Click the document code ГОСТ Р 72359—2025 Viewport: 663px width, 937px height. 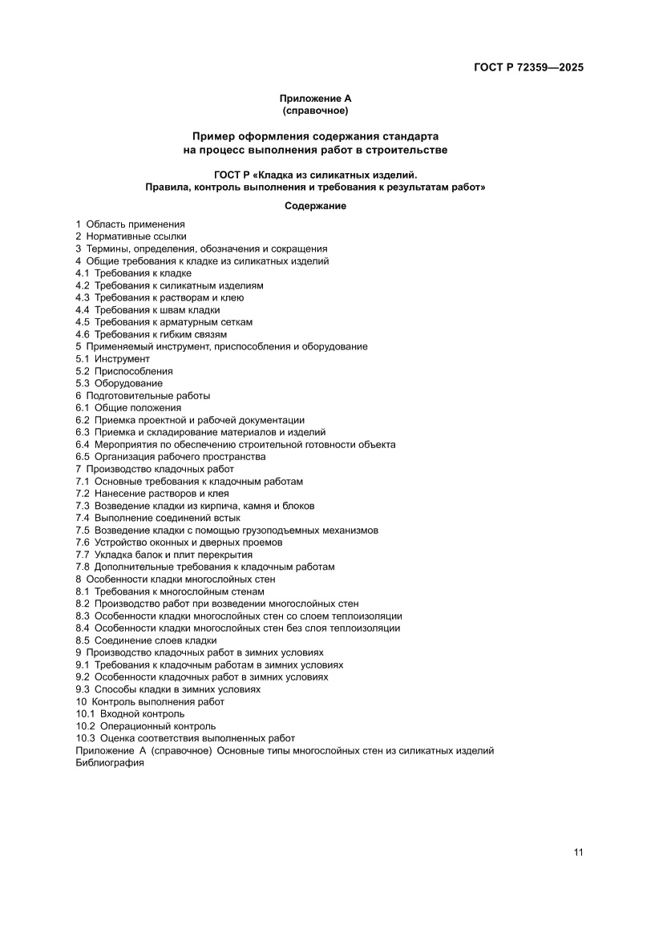528,67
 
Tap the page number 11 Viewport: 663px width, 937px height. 578,852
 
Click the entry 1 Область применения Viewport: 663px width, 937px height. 130,224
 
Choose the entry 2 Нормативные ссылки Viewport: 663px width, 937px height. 131,236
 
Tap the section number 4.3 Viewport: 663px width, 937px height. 83,297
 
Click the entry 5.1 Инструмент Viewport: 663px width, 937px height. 112,359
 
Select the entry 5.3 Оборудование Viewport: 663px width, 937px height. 119,383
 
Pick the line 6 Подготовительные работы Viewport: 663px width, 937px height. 143,396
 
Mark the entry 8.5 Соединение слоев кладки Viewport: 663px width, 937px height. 146,640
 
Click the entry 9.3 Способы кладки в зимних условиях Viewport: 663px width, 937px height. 168,689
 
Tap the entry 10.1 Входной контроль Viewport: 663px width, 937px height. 130,713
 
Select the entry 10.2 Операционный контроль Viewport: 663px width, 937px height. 146,726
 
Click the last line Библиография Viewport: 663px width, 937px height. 110,763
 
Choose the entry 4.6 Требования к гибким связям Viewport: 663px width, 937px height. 151,334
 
